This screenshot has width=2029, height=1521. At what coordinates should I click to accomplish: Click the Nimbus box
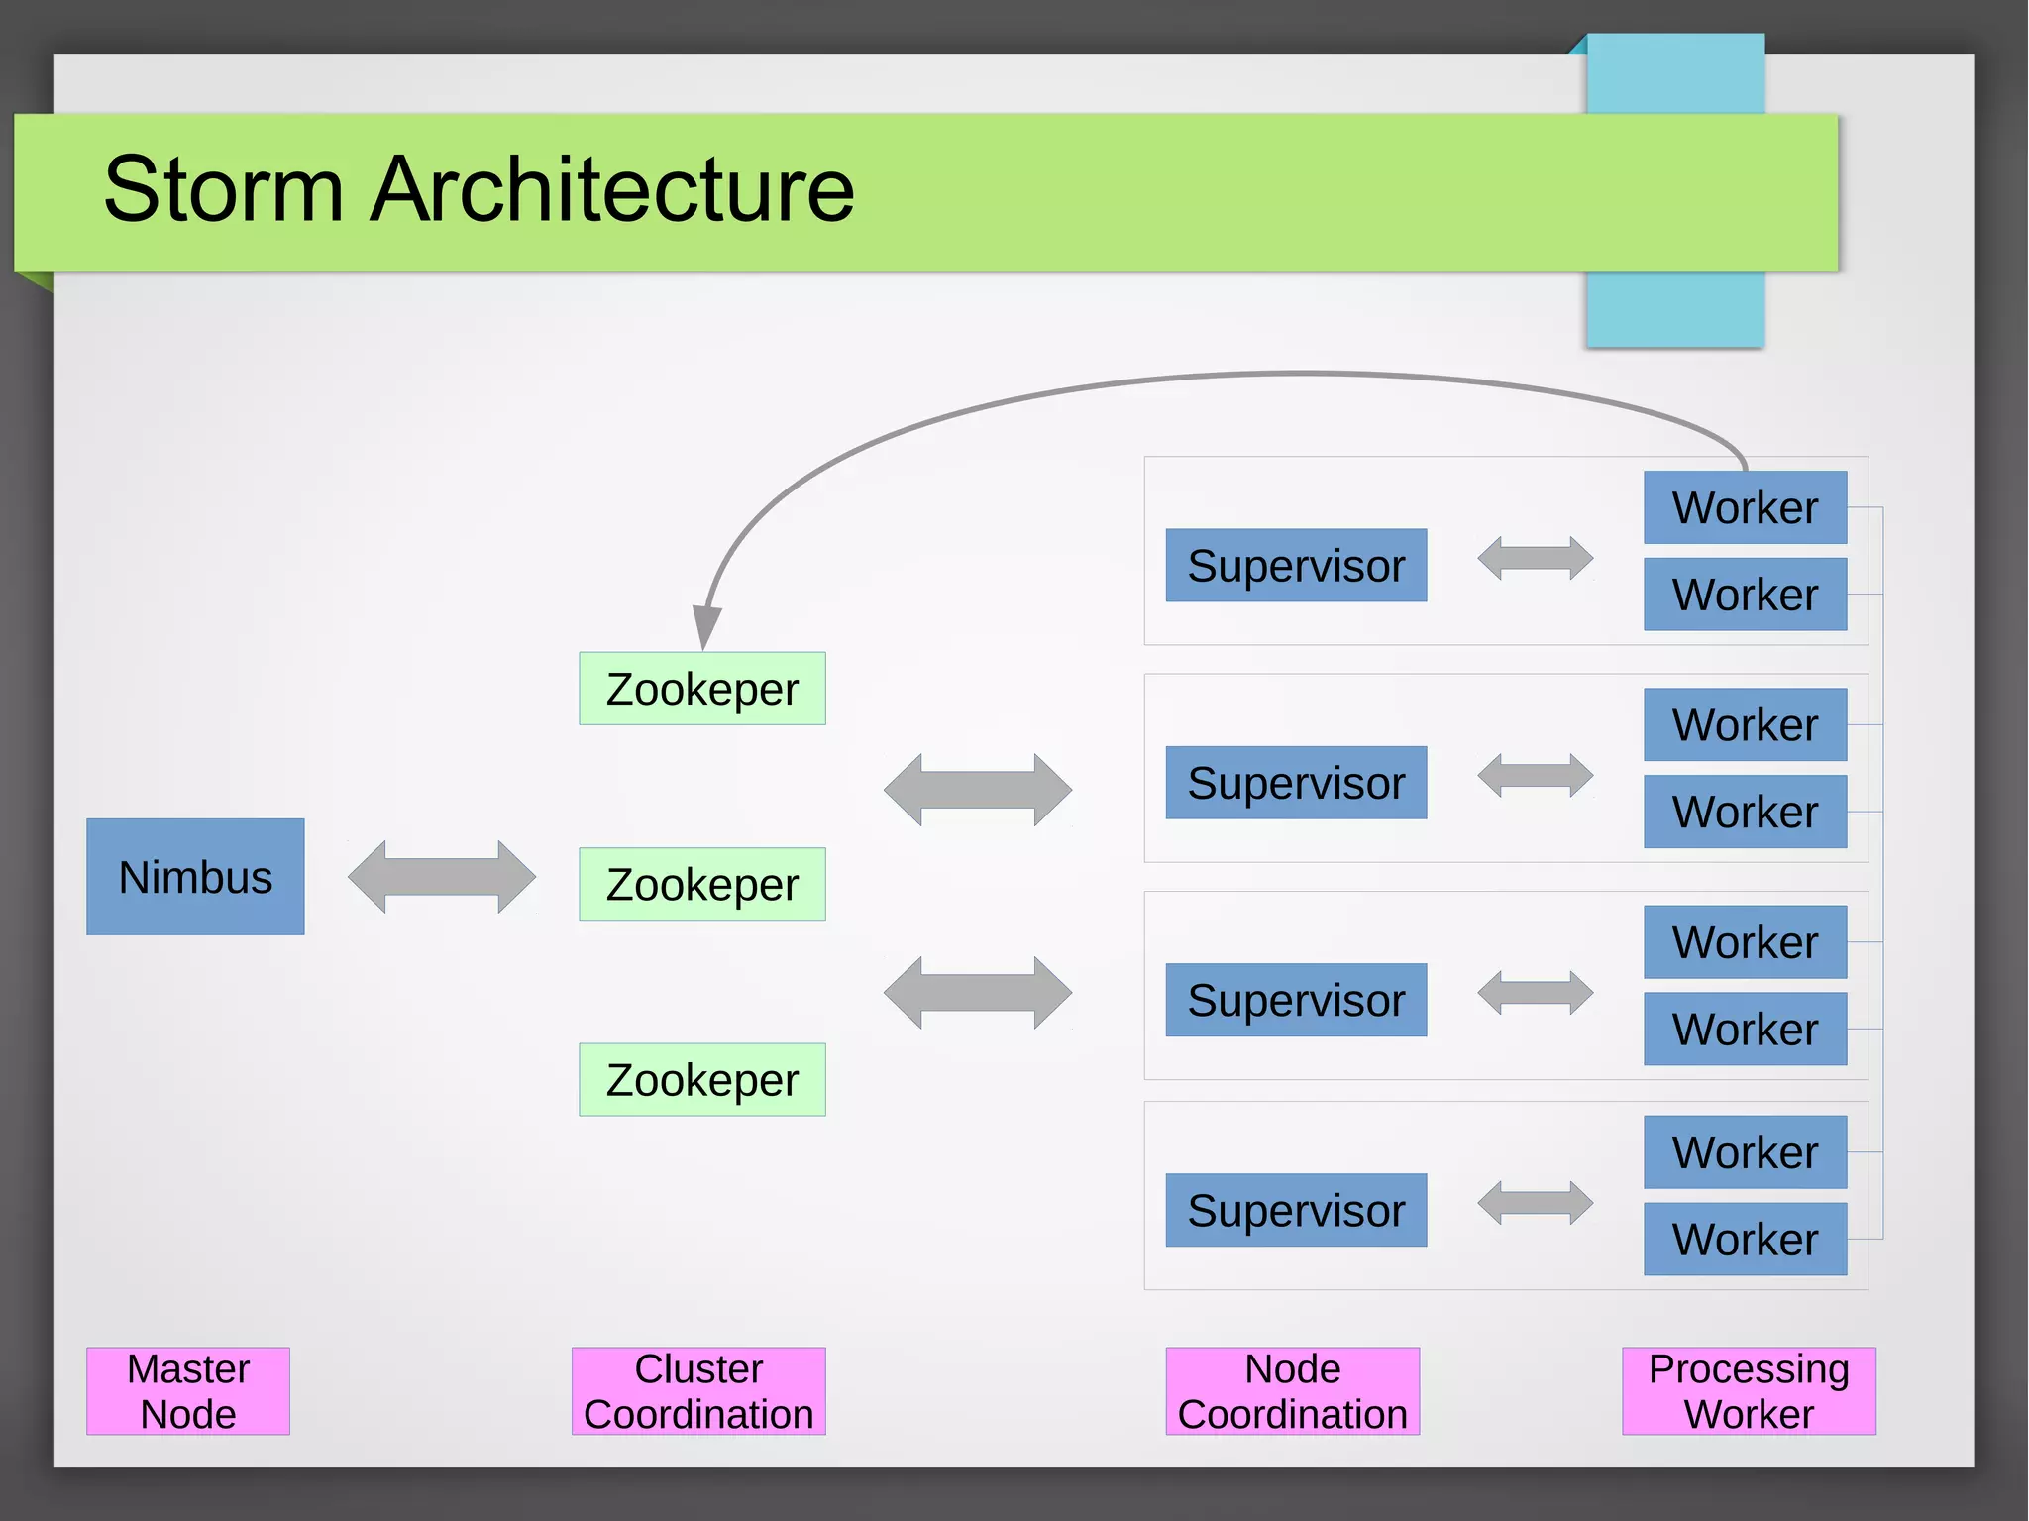coord(195,877)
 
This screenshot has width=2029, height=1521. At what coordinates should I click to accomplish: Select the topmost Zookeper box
coord(701,689)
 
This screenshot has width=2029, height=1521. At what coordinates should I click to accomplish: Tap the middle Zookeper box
coord(701,884)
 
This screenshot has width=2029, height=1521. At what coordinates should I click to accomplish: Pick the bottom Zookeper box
coord(701,1079)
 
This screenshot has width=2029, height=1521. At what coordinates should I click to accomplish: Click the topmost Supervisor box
coord(1296,565)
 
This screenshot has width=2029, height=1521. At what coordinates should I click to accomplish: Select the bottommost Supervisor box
coord(1296,1210)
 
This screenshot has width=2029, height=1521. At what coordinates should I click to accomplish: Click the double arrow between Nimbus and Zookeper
coord(442,877)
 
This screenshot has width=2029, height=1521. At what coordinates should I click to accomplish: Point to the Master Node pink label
coord(188,1390)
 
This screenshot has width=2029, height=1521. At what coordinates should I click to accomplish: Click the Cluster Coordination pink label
coord(698,1390)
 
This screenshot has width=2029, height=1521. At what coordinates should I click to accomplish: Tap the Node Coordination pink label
coord(1292,1390)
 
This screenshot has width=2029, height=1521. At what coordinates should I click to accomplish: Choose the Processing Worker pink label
coord(1749,1390)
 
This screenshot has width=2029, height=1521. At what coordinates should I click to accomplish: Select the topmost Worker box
coord(1745,507)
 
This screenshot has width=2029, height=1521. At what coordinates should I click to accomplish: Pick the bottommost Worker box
coord(1745,1239)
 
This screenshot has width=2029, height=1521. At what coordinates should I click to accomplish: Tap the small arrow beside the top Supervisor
coord(1535,558)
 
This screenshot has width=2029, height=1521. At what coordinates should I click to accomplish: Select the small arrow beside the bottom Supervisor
coord(1535,1203)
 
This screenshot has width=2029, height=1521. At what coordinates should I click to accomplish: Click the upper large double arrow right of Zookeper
coord(977,790)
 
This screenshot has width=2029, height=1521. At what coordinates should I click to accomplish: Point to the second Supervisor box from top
coord(1296,782)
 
